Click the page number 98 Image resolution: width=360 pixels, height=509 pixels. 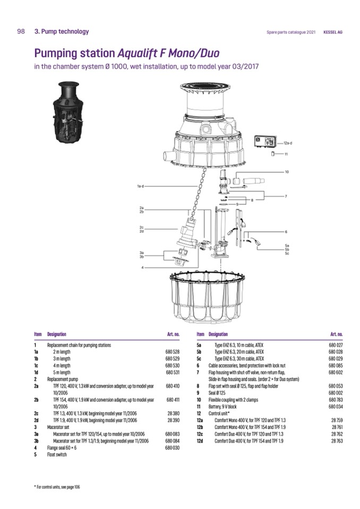tap(21, 31)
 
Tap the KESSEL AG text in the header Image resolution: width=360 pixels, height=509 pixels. tap(333, 32)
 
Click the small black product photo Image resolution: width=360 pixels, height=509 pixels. tap(68, 113)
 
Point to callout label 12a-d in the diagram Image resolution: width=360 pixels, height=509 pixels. tap(288, 143)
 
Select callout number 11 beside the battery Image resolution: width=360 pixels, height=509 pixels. tap(286, 154)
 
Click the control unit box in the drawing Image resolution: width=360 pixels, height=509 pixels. tap(266, 141)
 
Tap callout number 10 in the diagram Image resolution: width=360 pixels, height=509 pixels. tap(287, 172)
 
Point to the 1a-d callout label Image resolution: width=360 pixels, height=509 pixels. tap(140, 186)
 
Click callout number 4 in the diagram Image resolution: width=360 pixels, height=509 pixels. tap(142, 268)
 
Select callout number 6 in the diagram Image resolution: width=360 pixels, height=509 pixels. tap(286, 232)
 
